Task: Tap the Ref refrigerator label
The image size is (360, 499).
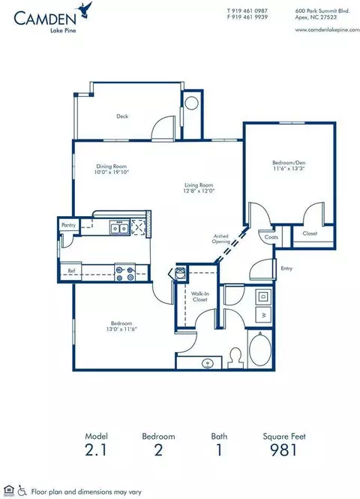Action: (71, 270)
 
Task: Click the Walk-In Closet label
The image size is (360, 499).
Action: (199, 296)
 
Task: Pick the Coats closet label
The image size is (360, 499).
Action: (271, 236)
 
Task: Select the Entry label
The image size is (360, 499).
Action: (286, 268)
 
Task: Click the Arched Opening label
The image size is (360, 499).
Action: (220, 239)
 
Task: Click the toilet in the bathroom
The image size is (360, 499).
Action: (234, 354)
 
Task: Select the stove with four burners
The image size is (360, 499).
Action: (124, 272)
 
